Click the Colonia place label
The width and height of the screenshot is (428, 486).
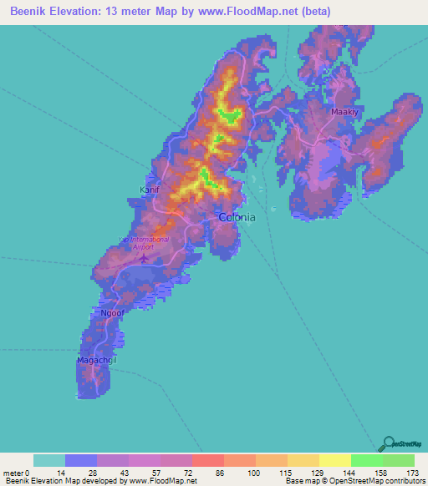237,216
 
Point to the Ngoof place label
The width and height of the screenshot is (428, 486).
113,314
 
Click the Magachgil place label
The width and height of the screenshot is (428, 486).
96,360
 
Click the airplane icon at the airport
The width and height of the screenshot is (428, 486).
143,256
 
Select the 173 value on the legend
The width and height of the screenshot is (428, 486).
411,473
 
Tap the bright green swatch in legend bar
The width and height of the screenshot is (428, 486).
366,460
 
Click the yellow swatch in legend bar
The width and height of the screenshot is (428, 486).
334,460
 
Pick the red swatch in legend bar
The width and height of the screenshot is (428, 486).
207,460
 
